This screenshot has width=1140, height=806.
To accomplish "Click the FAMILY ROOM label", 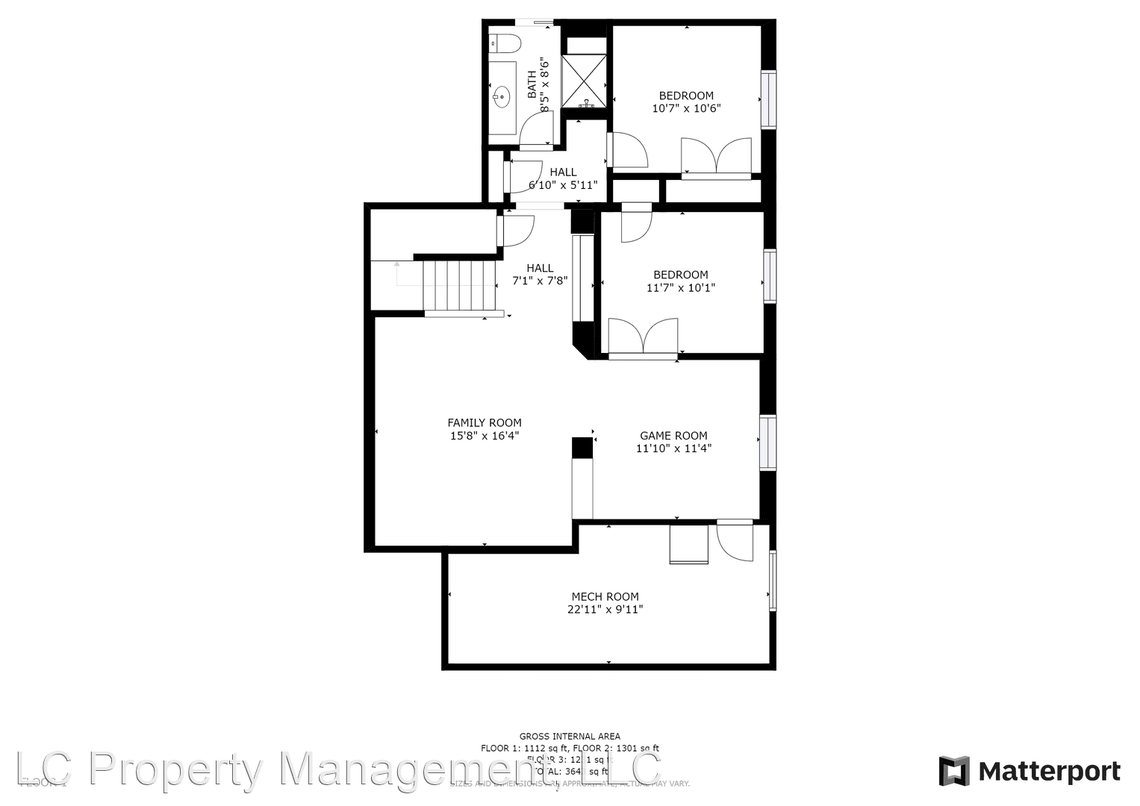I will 484,422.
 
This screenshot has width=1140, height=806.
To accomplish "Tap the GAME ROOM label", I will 673,436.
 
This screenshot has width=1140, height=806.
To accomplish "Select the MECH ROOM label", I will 605,596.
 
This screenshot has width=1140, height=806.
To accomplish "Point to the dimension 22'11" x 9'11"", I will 605,609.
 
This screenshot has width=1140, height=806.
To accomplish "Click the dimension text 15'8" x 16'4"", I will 484,436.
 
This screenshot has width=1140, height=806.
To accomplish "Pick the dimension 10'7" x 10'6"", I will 686,108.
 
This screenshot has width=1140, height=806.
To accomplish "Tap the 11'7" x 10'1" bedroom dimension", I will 680,287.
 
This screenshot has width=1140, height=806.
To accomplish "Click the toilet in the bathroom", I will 504,43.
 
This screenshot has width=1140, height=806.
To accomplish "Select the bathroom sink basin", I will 501,96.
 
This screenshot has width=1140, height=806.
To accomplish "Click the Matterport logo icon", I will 953,771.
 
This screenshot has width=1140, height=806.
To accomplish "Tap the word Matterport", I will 1049,771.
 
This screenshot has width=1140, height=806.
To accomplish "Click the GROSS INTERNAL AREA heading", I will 570,737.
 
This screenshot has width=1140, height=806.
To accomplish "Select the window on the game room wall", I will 767,443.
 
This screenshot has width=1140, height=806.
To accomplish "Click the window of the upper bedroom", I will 768,99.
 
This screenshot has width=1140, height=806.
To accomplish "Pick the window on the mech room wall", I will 773,581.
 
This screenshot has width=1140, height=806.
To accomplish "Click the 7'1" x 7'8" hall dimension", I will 540,281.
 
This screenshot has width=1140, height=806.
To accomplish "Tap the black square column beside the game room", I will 582,448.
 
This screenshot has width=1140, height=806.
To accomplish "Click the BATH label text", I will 532,84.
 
